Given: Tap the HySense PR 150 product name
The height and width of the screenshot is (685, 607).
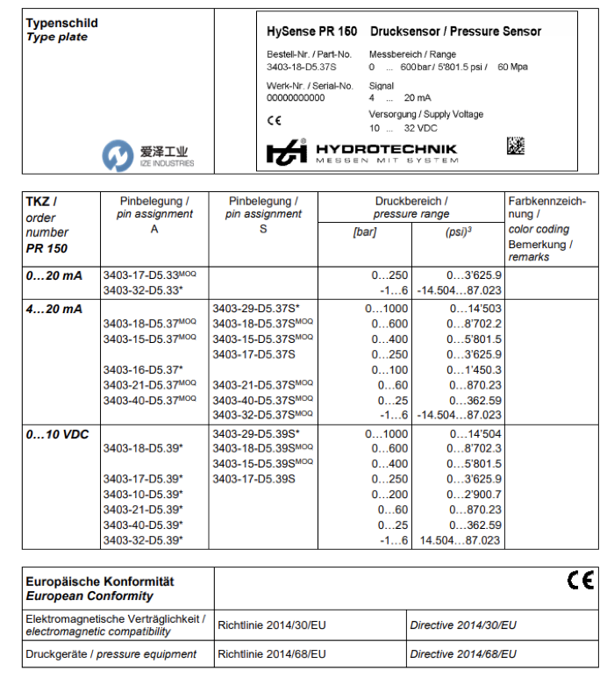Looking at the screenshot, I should click(x=311, y=32).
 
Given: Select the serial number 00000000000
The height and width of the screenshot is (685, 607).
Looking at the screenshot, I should click(x=296, y=98).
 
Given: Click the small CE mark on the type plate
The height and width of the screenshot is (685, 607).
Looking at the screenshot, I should click(x=274, y=120).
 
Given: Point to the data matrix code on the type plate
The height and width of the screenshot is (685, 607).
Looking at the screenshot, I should click(x=515, y=146).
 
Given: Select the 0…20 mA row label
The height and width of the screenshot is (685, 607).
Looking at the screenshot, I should click(x=54, y=275).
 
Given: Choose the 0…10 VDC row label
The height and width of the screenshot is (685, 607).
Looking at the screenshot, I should click(x=58, y=433).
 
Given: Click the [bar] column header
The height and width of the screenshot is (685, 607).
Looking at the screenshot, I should click(x=364, y=232).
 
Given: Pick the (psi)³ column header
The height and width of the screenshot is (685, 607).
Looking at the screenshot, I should click(x=459, y=232).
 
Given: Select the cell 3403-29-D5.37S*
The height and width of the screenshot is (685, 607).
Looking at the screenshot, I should click(x=256, y=308).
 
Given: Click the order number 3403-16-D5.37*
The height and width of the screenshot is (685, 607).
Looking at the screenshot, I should click(x=143, y=370).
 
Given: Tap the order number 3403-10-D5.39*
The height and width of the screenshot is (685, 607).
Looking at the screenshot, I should click(x=143, y=495).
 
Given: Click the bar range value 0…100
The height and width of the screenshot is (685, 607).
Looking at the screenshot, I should click(x=391, y=370).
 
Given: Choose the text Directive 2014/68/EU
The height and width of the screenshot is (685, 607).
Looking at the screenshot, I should click(x=463, y=654).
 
